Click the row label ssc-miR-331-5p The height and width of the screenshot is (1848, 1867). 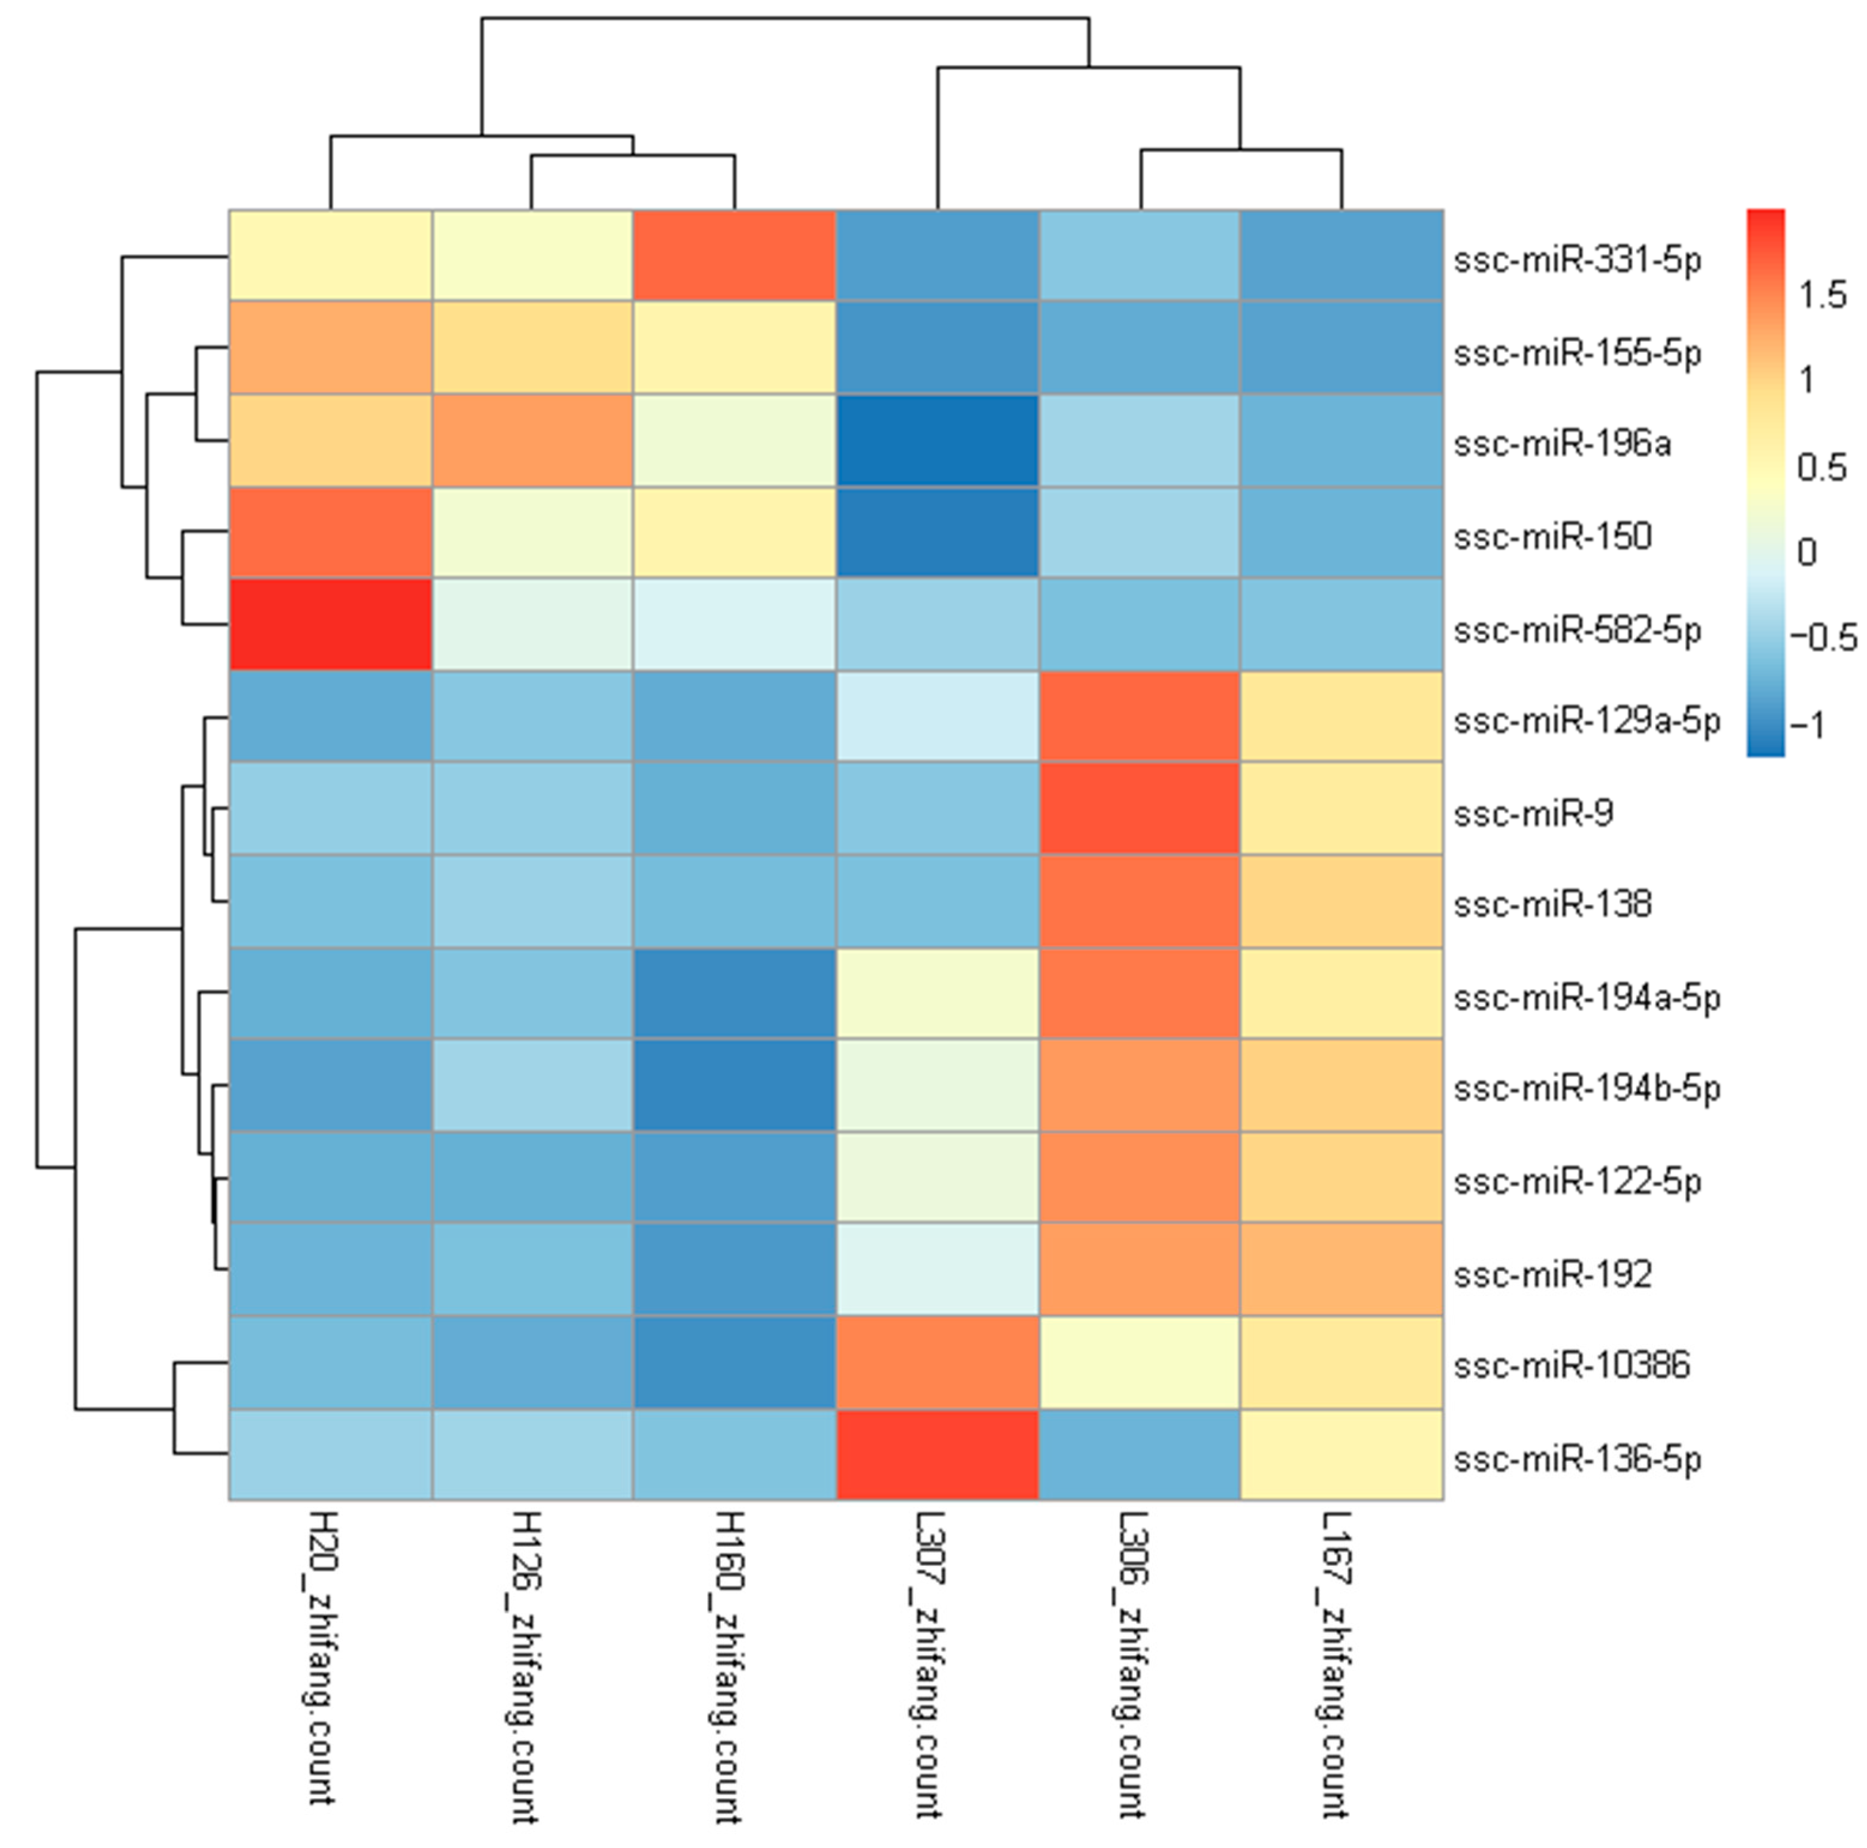coord(1577,261)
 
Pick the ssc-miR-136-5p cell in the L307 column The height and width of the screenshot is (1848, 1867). coord(937,1454)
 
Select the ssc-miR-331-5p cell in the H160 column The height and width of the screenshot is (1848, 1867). coord(735,256)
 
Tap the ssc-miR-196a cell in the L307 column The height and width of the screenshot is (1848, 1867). coord(937,441)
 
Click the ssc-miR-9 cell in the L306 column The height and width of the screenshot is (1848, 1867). coord(1140,808)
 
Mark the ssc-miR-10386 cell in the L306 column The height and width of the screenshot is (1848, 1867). coord(1140,1362)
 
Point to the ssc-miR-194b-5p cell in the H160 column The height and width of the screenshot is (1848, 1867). coord(735,1085)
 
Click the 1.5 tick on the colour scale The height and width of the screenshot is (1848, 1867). coord(1821,295)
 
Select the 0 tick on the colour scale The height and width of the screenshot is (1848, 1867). coord(1806,553)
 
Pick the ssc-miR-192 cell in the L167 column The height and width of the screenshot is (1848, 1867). coord(1342,1270)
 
